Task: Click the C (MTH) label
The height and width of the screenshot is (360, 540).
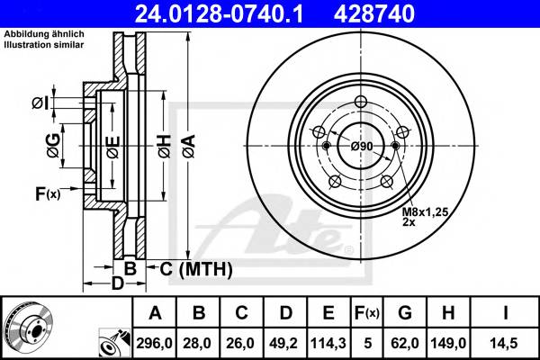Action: pos(195,269)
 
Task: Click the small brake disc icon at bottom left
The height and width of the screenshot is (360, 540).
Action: pos(28,328)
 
